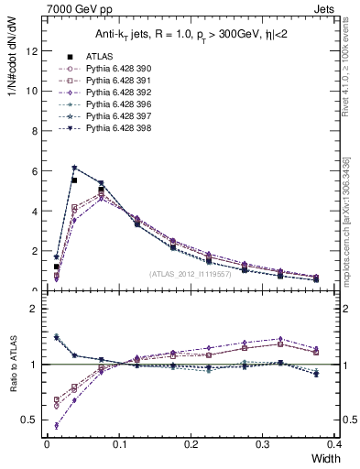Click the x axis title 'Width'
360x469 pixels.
point(325,459)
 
